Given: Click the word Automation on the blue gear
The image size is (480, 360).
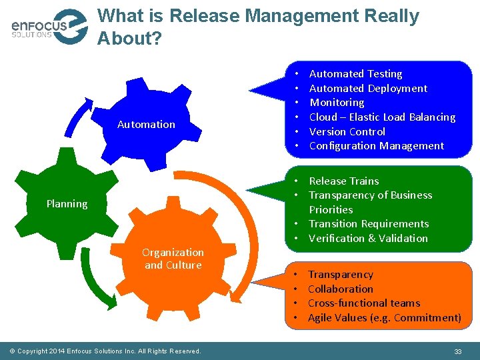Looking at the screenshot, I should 146,124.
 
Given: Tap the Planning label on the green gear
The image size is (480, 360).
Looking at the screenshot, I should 67,204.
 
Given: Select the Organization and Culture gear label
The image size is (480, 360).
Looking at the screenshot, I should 173,259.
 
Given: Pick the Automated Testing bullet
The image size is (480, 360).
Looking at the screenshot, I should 355,74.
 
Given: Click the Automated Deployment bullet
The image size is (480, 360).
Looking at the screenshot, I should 368,89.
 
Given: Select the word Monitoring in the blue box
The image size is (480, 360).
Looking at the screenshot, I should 337,103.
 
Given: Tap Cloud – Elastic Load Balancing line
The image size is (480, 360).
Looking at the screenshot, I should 382,117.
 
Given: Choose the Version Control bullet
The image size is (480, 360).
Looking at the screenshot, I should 347,132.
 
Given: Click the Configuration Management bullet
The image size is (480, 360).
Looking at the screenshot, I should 376,146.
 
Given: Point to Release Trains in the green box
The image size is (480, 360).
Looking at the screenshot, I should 343,181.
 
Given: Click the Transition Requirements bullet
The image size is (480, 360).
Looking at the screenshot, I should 369,224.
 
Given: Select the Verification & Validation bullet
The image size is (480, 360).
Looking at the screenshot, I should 368,239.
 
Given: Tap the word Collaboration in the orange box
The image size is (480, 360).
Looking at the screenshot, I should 340,289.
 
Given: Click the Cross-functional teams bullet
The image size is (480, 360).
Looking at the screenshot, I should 363,303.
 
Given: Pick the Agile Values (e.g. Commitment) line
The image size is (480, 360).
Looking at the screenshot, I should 384,318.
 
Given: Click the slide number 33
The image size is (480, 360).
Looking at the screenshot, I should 457,351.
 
